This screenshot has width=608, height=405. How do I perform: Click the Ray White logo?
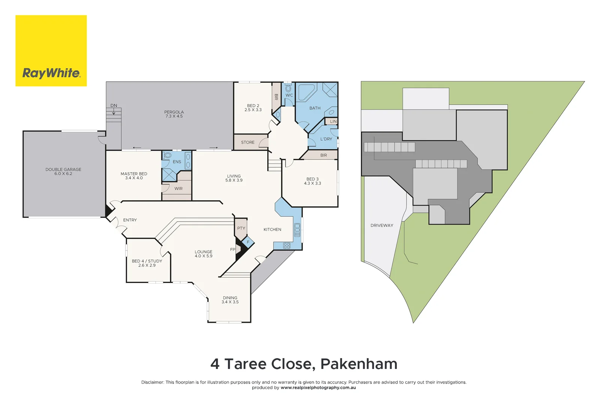tap(51, 51)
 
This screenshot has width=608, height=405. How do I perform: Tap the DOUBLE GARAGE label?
tap(63, 169)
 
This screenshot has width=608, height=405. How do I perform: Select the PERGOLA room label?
tap(174, 112)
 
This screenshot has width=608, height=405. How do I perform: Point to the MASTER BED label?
tap(134, 174)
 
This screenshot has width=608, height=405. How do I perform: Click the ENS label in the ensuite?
tap(177, 162)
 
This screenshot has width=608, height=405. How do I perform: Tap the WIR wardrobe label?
tap(179, 189)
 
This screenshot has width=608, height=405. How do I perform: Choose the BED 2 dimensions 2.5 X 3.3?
tap(253, 110)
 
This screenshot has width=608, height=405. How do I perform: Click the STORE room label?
tap(248, 142)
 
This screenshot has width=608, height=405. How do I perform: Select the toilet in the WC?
tap(288, 88)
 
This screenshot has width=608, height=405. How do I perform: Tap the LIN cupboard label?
tap(333, 121)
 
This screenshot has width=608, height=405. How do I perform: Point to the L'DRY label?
tap(326, 139)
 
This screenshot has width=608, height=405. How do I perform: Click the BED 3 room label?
tap(312, 179)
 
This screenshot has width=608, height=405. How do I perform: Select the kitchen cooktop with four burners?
tap(287, 246)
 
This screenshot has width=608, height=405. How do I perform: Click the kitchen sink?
tap(297, 229)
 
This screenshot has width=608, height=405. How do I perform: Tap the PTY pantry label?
tap(241, 228)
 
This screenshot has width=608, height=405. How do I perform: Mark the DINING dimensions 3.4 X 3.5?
tap(230, 302)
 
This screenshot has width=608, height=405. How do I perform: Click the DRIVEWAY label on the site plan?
tap(382, 225)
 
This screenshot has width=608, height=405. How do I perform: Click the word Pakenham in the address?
tap(359, 364)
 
